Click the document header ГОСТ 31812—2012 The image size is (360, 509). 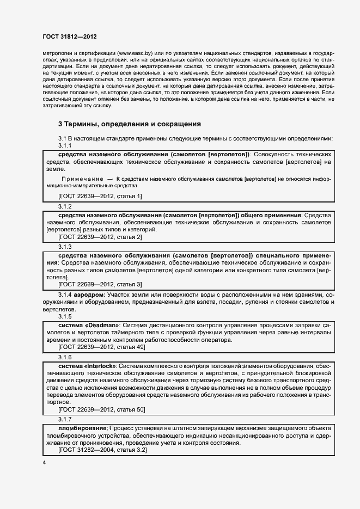point(70,37)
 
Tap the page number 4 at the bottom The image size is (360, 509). point(44,463)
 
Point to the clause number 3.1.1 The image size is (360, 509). point(65,146)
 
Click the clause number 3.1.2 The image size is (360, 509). point(65,207)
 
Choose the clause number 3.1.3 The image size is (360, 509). point(65,247)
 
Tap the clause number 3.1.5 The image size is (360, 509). point(65,316)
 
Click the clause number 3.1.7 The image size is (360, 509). point(65,419)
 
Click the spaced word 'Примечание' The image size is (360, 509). point(83,179)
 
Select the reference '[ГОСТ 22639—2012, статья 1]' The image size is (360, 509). point(100,196)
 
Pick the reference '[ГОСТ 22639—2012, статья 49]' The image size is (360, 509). point(101,346)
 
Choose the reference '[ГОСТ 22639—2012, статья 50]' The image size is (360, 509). point(101,409)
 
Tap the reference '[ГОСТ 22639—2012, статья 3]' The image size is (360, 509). point(100,284)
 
